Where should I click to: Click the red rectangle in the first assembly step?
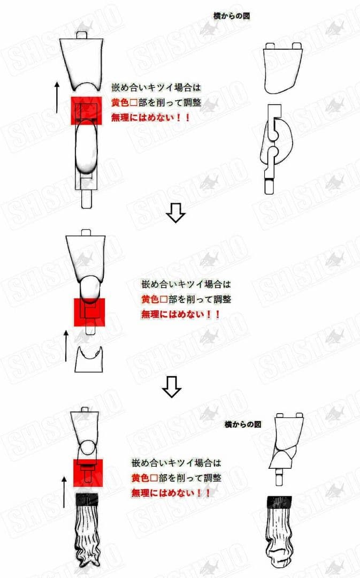[x=86, y=111]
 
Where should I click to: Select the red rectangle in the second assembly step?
[x=89, y=312]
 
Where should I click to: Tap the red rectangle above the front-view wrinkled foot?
[x=88, y=473]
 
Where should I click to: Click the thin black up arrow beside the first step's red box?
[x=57, y=97]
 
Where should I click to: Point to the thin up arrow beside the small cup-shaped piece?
[x=66, y=346]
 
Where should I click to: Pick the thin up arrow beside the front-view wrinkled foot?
[x=64, y=492]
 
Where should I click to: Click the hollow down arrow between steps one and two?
[x=175, y=214]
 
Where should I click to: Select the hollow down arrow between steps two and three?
[x=172, y=387]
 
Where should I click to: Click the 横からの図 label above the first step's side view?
[x=232, y=16]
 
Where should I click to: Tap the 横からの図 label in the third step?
[x=243, y=424]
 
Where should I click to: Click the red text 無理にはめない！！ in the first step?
[x=151, y=118]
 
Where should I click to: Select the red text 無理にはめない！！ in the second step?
[x=181, y=315]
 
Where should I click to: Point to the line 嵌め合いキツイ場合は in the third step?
[x=176, y=462]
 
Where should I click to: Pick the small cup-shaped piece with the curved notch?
[x=89, y=359]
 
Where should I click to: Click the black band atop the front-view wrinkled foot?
[x=87, y=499]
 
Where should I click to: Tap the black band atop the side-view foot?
[x=279, y=502]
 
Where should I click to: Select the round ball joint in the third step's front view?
[x=88, y=447]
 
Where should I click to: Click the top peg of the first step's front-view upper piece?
[x=81, y=35]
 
